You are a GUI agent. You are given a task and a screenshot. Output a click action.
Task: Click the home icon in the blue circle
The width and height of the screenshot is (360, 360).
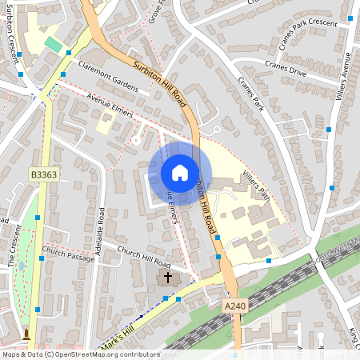pos(180,172)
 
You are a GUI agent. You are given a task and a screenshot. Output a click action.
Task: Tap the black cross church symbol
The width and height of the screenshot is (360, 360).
pos(167,278)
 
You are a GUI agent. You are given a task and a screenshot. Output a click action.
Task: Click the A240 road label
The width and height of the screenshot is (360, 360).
pos(236,305)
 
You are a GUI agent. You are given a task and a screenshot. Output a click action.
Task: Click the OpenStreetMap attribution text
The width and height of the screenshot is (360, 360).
pos(80,354)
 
